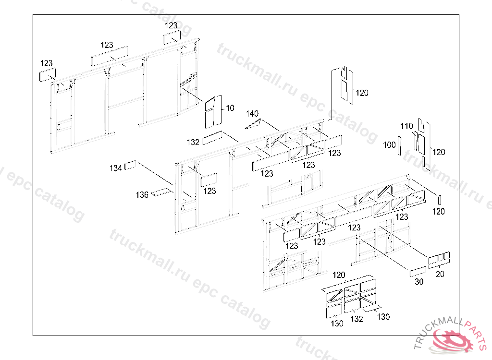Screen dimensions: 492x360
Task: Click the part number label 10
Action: [x=230, y=108]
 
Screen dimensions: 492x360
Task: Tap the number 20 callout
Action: [x=440, y=274]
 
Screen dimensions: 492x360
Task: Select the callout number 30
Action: [x=419, y=282]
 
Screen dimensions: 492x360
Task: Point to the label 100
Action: [x=389, y=145]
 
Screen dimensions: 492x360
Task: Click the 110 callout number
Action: [x=406, y=126]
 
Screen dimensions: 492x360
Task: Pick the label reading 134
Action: [x=115, y=168]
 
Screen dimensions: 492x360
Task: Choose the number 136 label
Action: [x=142, y=195]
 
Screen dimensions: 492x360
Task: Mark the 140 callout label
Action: [x=252, y=113]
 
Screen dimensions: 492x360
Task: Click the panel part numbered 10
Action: [x=213, y=112]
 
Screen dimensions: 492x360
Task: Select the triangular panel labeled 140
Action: [x=255, y=124]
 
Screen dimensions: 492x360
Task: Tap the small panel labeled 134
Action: [x=130, y=165]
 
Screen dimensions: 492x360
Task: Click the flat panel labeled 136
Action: [x=161, y=192]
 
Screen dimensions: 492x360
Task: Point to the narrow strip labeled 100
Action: [x=400, y=145]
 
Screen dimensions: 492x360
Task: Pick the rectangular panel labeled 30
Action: [x=418, y=272]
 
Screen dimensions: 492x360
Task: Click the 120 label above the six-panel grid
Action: [x=339, y=275]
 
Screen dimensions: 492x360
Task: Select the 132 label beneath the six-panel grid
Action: [x=357, y=319]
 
